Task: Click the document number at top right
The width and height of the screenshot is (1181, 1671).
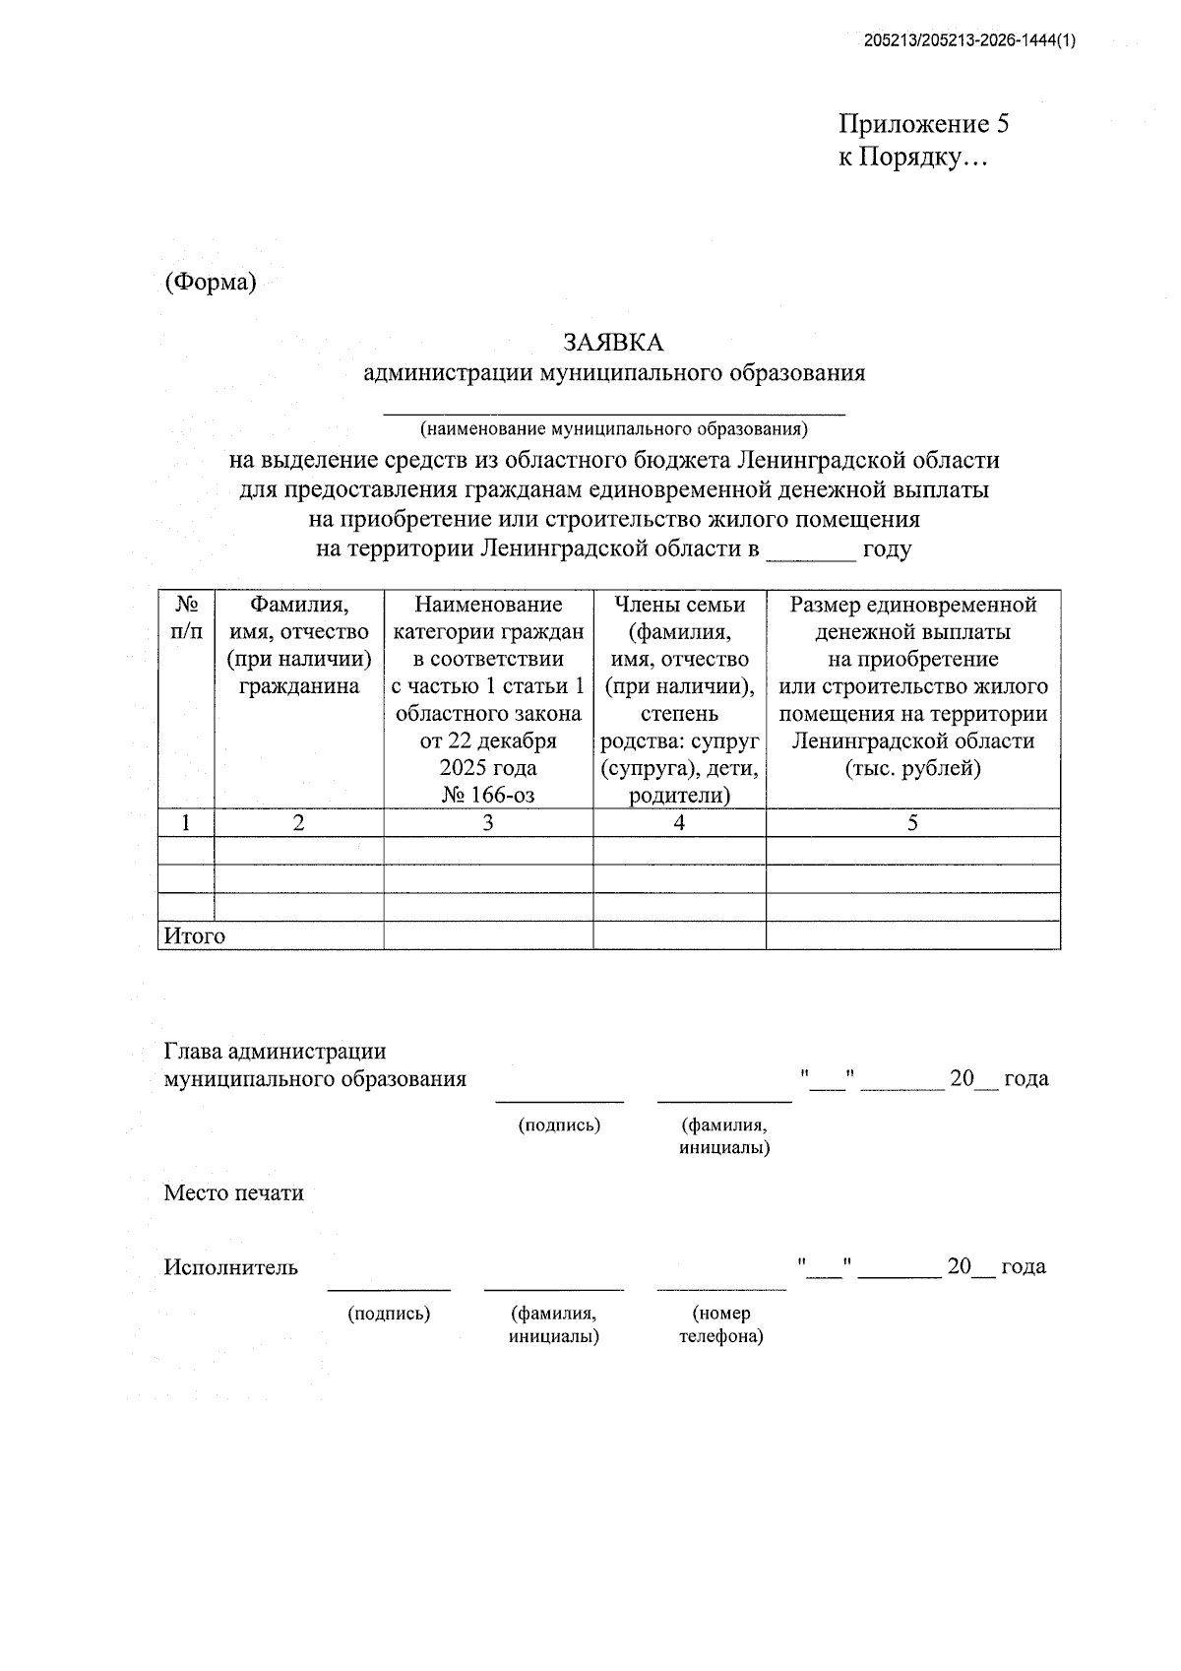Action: (969, 40)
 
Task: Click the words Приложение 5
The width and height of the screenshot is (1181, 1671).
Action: (923, 124)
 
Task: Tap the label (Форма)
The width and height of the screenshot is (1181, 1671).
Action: (210, 283)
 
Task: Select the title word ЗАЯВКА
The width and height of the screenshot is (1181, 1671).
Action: (613, 343)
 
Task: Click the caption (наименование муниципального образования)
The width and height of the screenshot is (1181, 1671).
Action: (613, 429)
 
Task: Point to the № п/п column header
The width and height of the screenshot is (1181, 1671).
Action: (186, 617)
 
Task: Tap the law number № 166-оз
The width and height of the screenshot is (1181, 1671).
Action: (488, 796)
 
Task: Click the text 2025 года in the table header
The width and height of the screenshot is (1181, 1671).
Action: (488, 768)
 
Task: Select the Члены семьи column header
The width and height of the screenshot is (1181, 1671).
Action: (679, 604)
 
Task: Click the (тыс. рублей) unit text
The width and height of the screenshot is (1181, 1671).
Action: (912, 768)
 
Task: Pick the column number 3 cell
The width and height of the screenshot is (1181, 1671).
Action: (488, 823)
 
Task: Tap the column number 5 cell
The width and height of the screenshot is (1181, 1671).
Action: (912, 823)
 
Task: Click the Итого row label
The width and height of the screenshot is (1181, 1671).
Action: (195, 936)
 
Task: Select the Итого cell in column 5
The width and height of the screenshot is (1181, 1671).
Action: (912, 936)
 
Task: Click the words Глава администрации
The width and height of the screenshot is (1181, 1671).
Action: (275, 1053)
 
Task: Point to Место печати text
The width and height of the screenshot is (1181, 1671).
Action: (233, 1193)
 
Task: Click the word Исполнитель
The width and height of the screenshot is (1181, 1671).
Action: (230, 1267)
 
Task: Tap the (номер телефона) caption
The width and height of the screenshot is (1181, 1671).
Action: (720, 1324)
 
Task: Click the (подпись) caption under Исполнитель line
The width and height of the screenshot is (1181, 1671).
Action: (389, 1314)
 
